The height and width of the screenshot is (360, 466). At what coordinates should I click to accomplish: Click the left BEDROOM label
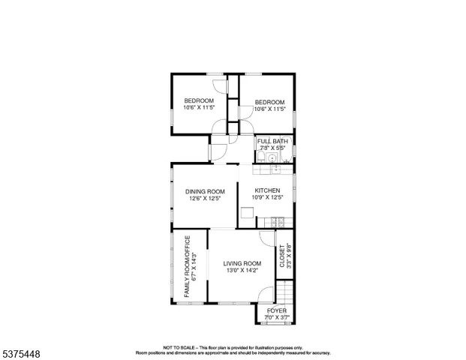pyautogui.click(x=199, y=100)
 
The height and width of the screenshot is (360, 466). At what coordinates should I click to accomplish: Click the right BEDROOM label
pyautogui.click(x=269, y=102)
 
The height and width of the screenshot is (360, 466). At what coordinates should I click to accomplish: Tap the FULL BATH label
pyautogui.click(x=272, y=141)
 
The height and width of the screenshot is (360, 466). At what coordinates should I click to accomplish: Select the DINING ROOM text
pyautogui.click(x=205, y=191)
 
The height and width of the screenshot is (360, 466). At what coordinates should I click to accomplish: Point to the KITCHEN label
pyautogui.click(x=267, y=190)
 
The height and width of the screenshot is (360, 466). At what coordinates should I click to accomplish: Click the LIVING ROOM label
pyautogui.click(x=242, y=263)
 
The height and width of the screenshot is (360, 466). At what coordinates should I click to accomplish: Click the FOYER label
pyautogui.click(x=276, y=310)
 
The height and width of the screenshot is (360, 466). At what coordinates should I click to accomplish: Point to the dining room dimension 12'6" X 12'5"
pyautogui.click(x=205, y=199)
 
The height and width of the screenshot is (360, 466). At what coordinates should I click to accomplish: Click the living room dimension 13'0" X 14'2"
pyautogui.click(x=242, y=271)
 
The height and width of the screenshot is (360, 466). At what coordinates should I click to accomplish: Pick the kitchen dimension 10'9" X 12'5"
pyautogui.click(x=268, y=198)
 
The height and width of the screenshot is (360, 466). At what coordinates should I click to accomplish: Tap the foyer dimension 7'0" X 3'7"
pyautogui.click(x=276, y=317)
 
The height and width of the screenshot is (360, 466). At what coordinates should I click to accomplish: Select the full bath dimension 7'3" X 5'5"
pyautogui.click(x=272, y=148)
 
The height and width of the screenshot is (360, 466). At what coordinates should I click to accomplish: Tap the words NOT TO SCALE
pyautogui.click(x=179, y=348)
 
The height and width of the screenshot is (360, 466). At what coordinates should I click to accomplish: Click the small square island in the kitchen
pyautogui.click(x=247, y=213)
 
